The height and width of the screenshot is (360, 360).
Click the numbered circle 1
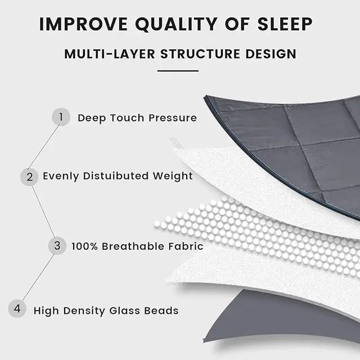pyautogui.click(x=61, y=118)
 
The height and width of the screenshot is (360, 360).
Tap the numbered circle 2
pyautogui.click(x=29, y=177)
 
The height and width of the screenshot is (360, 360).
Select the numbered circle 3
pyautogui.click(x=57, y=246)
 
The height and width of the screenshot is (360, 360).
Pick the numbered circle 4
pyautogui.click(x=17, y=309)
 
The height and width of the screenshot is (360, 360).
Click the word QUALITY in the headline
pyautogui.click(x=171, y=25)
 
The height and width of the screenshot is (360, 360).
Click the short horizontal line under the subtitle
pyautogui.click(x=178, y=71)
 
